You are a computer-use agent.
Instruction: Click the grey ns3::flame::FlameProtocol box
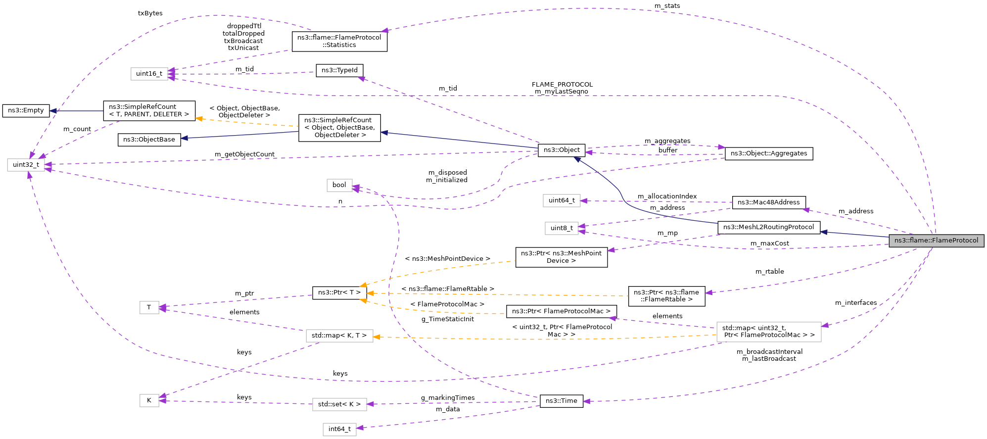coord(936,241)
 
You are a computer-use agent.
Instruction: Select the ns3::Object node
coord(562,150)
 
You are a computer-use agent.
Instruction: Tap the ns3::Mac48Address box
coord(768,202)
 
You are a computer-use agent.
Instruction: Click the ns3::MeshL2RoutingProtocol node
coord(768,227)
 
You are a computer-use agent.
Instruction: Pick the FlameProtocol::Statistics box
coord(339,41)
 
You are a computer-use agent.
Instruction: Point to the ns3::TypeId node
coord(339,70)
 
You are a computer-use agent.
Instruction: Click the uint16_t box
coord(149,74)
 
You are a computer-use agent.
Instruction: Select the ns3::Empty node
coord(26,110)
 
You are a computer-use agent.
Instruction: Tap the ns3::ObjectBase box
coord(149,140)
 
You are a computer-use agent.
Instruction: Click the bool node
coord(339,185)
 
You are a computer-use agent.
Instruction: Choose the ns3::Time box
coord(561,401)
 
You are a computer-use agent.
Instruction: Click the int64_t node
coord(339,429)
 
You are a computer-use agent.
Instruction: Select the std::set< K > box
coord(339,404)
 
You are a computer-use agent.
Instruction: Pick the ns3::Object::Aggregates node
coord(768,153)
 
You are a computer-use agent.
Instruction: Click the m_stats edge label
coord(667,6)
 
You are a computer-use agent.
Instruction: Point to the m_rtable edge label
coord(769,272)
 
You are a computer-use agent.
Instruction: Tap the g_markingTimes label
coord(448,398)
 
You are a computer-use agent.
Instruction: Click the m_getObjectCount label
coord(244,154)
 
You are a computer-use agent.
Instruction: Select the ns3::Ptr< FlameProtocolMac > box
coord(561,311)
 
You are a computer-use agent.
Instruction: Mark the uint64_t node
coord(562,200)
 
